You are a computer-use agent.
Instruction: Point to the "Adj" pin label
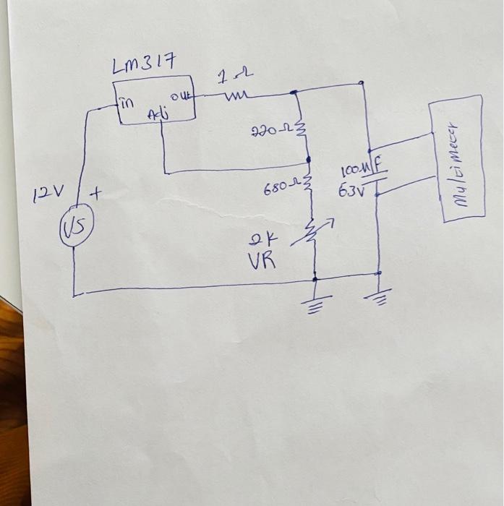click(156, 115)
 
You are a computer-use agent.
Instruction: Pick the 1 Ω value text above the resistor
click(235, 75)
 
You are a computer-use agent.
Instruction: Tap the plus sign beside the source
click(95, 194)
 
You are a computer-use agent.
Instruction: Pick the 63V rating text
click(353, 192)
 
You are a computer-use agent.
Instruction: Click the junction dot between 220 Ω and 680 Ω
click(308, 158)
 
